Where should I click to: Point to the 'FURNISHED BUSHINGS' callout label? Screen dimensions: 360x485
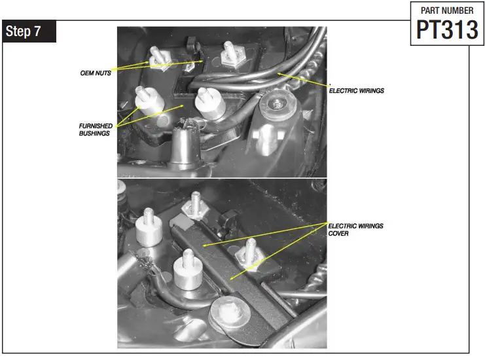[97, 129]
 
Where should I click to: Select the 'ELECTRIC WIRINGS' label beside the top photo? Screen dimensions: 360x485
[356, 90]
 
